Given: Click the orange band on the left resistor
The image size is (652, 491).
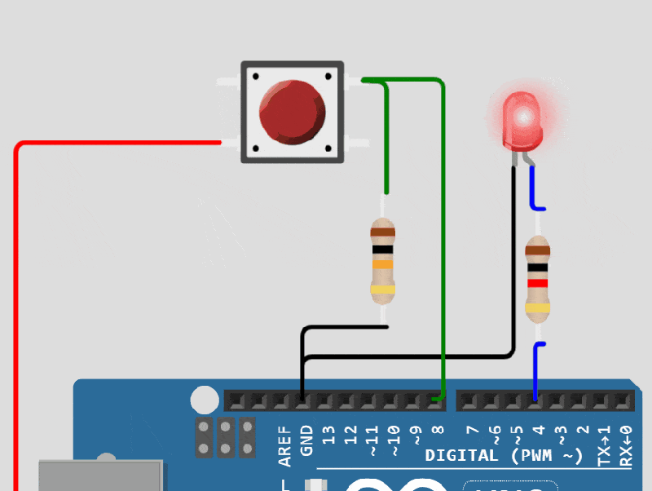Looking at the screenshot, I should click(x=383, y=264).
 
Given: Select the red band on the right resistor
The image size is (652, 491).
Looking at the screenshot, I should click(x=537, y=283).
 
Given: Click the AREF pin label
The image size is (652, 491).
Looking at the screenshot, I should click(x=284, y=445).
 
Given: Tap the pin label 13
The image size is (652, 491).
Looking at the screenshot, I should click(x=329, y=434).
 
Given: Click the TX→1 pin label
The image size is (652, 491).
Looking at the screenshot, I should click(x=604, y=445).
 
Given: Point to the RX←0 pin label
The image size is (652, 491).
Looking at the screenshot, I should click(x=626, y=445).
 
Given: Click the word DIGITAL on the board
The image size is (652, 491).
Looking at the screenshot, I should click(x=460, y=455).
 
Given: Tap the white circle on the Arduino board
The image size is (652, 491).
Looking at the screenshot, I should click(x=205, y=400).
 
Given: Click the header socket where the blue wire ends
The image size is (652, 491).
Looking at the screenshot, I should click(x=535, y=400).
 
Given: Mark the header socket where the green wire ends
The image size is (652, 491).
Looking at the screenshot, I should click(x=438, y=400).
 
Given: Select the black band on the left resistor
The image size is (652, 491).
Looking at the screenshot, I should click(x=383, y=250).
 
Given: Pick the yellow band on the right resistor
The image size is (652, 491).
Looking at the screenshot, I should click(x=537, y=307).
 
